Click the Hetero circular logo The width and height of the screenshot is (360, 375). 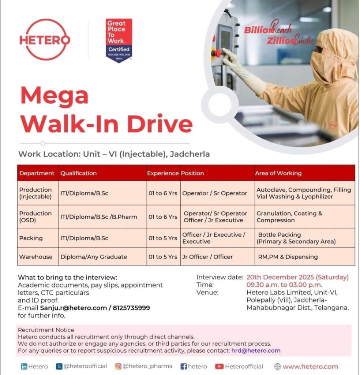44,40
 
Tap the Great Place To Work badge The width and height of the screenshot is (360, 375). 119,40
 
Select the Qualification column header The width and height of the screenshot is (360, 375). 79,173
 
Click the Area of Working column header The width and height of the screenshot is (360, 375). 278,173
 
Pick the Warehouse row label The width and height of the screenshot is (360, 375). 36,257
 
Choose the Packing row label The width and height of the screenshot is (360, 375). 31,238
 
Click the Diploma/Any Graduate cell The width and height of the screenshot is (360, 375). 94,257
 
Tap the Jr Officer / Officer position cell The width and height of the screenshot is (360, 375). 207,257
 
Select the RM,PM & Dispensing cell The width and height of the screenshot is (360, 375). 287,257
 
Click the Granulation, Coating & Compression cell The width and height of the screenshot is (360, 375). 289,217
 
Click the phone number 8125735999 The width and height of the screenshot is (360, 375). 130,308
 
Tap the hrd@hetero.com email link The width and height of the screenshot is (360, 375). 256,350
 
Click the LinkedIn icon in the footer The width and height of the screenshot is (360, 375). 24,366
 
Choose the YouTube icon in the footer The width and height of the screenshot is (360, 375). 219,366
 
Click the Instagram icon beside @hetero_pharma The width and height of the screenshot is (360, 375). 118,366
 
